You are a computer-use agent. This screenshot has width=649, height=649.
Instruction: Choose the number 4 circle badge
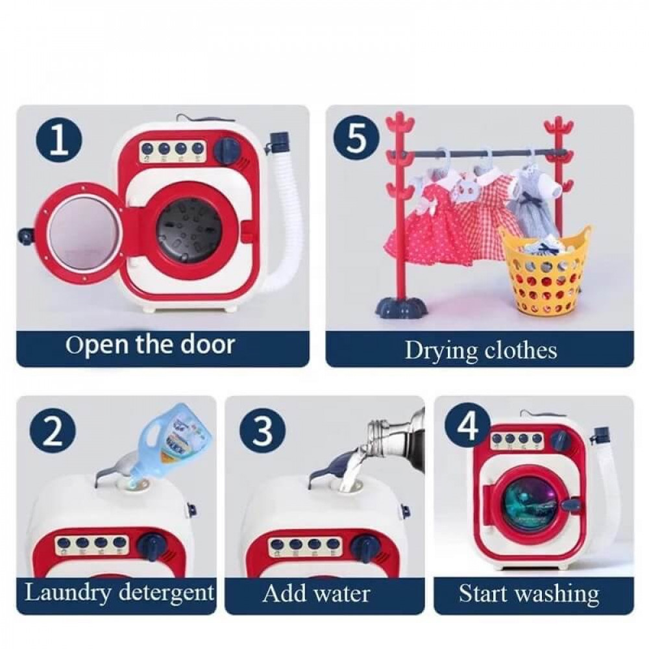(469, 427)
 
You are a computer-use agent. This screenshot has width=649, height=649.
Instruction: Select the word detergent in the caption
(166, 593)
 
